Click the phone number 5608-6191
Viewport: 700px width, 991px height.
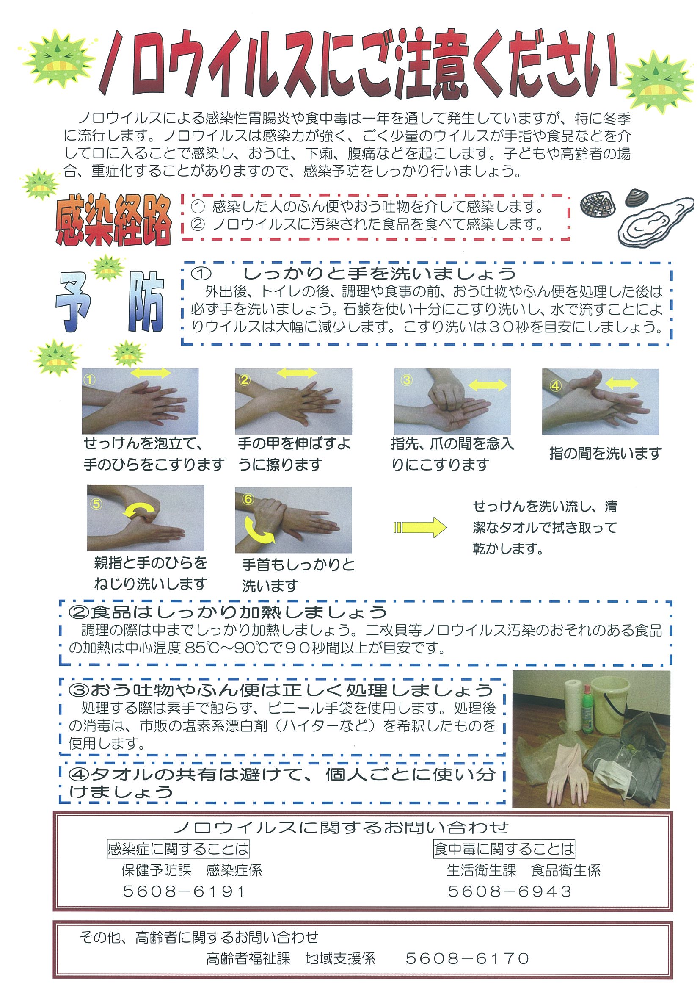[184, 891]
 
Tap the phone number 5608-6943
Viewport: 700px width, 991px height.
[510, 891]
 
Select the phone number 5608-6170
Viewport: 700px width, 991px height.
[468, 959]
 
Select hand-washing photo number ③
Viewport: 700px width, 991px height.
[452, 401]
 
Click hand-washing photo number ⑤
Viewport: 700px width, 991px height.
[145, 518]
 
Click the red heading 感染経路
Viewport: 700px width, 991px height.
[113, 221]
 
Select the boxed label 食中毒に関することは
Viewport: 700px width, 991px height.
[504, 849]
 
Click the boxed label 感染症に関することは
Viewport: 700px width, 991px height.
[178, 849]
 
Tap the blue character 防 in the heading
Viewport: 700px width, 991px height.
[146, 301]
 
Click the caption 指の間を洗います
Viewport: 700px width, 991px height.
[605, 453]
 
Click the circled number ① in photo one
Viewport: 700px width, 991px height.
[89, 379]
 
